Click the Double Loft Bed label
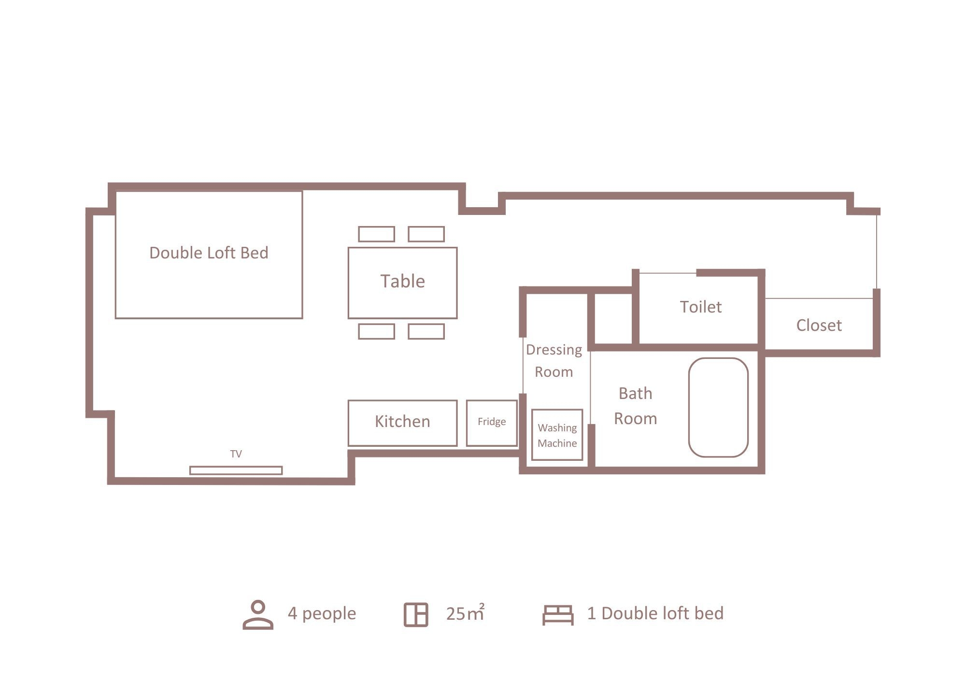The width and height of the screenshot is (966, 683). (209, 253)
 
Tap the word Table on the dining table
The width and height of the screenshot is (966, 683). (402, 281)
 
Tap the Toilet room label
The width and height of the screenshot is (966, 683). (701, 307)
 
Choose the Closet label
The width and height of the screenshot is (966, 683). (819, 326)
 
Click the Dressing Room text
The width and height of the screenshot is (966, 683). (554, 360)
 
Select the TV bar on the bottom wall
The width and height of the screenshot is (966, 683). (236, 470)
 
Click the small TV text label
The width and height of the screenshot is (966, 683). (236, 454)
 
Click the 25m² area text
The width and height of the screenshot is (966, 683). (465, 613)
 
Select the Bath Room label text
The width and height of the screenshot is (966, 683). (635, 406)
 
